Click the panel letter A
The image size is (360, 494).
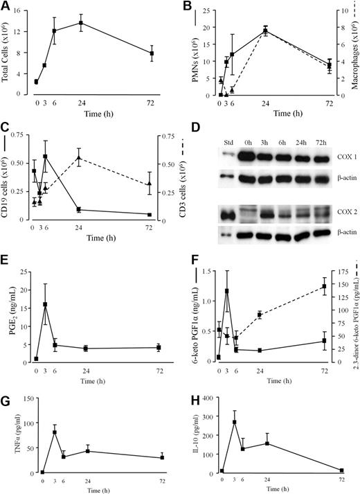tap(6, 7)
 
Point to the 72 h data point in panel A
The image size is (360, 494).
tap(161, 53)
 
